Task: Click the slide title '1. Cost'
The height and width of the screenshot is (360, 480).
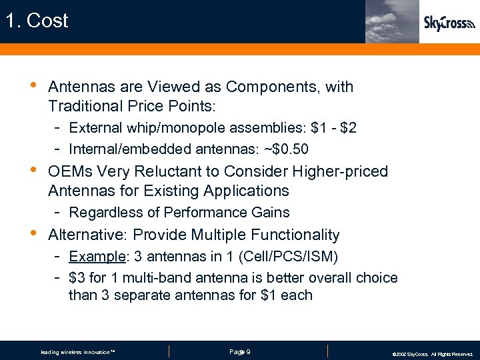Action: [x=37, y=21]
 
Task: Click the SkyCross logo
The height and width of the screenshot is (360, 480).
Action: [x=449, y=24]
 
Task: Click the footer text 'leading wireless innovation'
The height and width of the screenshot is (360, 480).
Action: [x=77, y=352]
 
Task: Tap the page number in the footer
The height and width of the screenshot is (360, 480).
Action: [x=239, y=351]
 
